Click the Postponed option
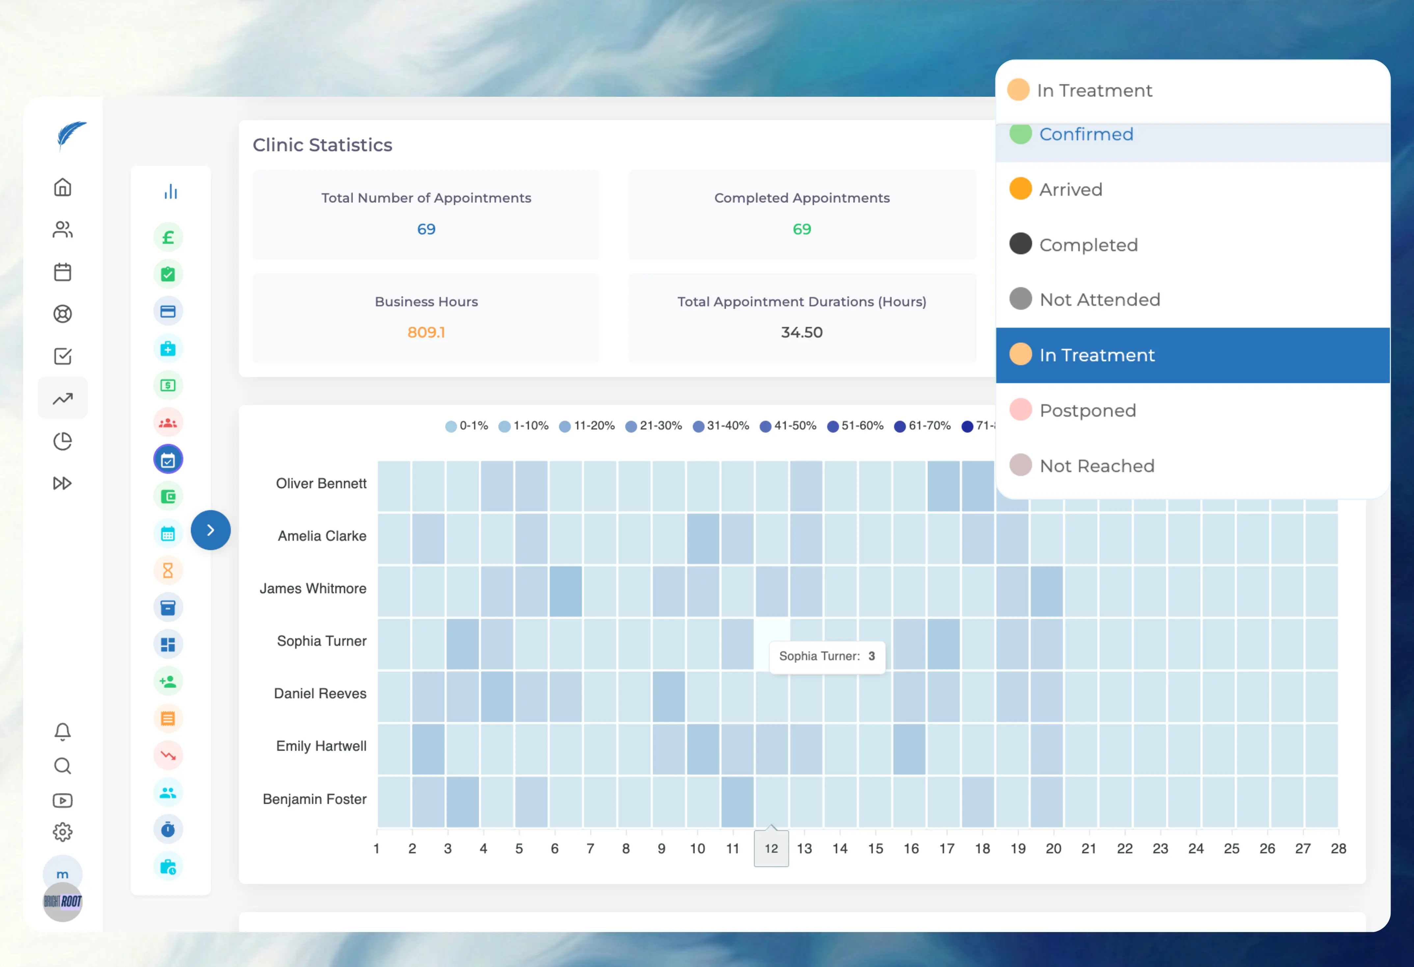[1087, 410]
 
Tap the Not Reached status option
[1097, 466]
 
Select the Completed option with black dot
[1088, 245]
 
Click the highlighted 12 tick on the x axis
[771, 849]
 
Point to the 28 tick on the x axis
[1338, 849]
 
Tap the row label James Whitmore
[313, 589]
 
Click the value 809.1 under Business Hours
[426, 333]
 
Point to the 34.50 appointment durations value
[801, 333]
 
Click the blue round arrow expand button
[210, 530]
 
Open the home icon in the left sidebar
[63, 187]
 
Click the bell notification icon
[63, 731]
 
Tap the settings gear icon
[63, 831]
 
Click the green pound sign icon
[168, 237]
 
